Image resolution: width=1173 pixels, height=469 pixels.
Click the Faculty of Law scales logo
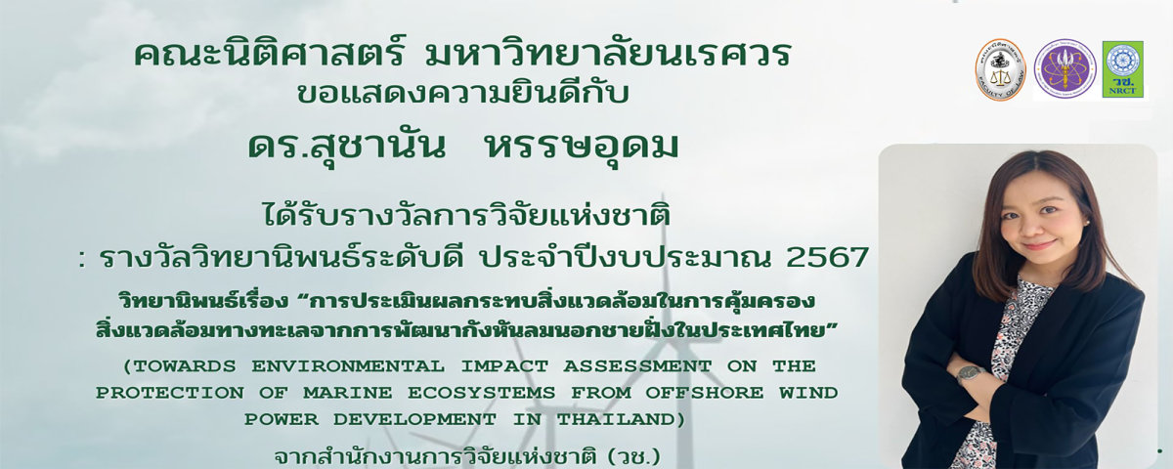1000,69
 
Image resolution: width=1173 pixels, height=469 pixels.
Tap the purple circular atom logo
1064,69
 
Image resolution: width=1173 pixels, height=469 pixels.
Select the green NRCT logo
1122,69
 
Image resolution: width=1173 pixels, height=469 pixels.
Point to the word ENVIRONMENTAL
348,365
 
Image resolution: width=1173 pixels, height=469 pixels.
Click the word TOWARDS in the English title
180,365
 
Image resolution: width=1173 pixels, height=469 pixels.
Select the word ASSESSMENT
637,365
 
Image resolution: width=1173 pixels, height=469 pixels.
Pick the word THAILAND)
621,420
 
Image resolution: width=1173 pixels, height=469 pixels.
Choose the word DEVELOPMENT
414,420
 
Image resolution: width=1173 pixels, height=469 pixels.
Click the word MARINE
348,393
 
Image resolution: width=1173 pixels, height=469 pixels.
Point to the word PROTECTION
170,393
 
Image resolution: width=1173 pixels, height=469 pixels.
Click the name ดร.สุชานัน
347,146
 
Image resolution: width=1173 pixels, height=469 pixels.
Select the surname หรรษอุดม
583,146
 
